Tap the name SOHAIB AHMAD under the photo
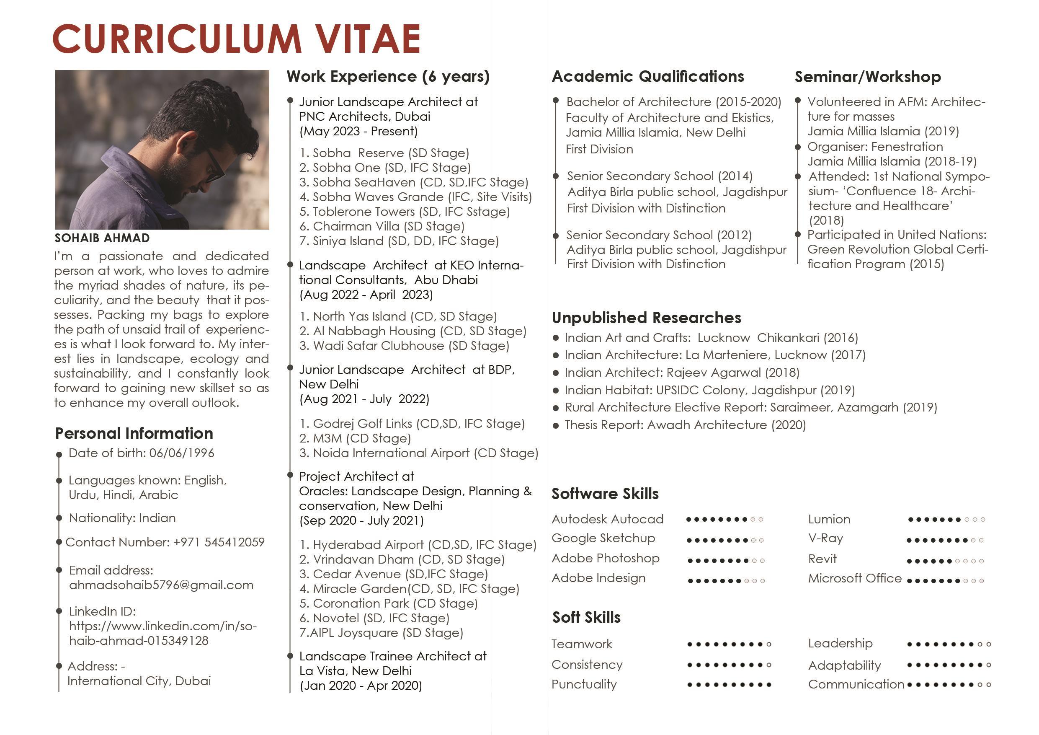point(102,238)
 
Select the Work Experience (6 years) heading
point(388,77)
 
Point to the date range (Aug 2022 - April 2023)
point(366,295)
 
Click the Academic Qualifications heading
point(647,77)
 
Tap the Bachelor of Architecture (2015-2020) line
point(673,102)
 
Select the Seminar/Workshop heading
point(867,77)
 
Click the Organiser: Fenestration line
point(875,147)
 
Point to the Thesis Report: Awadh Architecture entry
point(685,425)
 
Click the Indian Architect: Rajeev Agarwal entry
point(682,373)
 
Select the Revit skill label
point(822,559)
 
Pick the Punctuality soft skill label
point(584,684)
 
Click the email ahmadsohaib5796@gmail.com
point(161,585)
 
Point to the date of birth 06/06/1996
point(181,453)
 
